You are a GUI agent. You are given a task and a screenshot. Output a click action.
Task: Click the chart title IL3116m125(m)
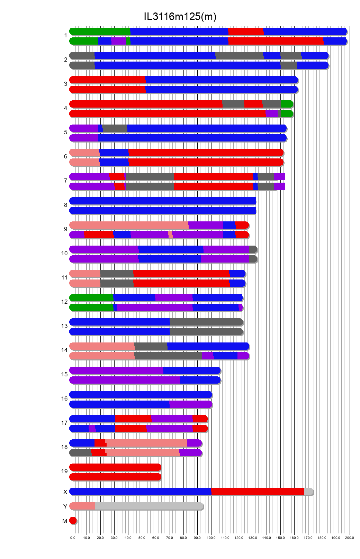tap(180, 17)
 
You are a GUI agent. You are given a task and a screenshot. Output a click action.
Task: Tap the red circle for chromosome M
tap(73, 520)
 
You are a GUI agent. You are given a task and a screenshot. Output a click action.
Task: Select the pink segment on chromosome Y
tap(82, 506)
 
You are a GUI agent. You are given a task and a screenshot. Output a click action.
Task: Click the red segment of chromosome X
tap(257, 492)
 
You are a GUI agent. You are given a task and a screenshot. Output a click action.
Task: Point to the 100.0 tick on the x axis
tap(211, 538)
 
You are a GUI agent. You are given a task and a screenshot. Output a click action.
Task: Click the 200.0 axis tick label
tap(350, 538)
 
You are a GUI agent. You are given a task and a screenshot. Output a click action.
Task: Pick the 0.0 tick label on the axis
tap(73, 538)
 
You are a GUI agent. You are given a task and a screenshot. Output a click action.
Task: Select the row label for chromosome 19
tap(64, 471)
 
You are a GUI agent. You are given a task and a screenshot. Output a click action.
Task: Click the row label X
tap(65, 492)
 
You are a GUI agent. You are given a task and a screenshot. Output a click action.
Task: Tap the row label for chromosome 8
tap(65, 205)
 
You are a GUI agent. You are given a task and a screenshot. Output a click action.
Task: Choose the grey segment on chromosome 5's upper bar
tap(115, 128)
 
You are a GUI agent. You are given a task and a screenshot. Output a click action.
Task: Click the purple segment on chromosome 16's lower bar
tap(190, 404)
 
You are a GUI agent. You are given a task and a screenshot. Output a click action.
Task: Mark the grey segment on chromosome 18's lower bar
tap(81, 453)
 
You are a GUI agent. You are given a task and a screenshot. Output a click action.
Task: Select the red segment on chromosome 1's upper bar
tap(246, 31)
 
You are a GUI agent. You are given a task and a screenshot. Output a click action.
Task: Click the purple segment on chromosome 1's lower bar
tap(119, 41)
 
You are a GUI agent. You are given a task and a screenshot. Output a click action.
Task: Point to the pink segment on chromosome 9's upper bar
tap(129, 225)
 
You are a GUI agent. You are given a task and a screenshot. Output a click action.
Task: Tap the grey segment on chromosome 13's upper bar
tap(206, 322)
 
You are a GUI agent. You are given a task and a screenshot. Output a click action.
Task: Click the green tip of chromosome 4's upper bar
tap(287, 104)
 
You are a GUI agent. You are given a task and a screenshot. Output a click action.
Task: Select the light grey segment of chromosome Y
tap(149, 506)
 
